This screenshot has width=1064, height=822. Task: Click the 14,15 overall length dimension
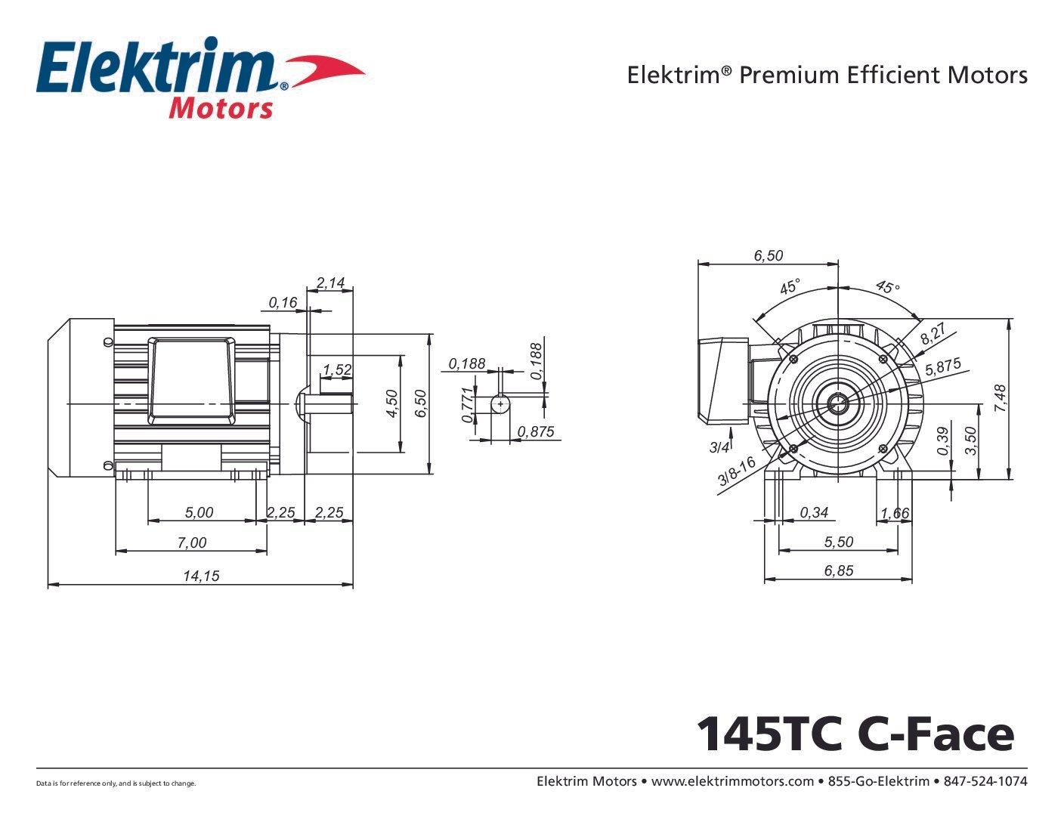tap(201, 576)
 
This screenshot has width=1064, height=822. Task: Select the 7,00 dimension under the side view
tap(192, 542)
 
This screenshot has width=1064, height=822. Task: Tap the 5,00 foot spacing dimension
tap(199, 512)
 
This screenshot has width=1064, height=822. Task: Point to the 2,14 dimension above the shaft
tap(330, 283)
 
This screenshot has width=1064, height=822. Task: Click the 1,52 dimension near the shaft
tap(337, 369)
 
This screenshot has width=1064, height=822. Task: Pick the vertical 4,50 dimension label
tap(391, 403)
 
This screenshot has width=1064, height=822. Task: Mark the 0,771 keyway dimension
tap(468, 404)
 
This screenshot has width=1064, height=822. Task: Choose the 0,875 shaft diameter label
tap(536, 431)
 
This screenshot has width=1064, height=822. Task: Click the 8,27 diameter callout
tap(933, 334)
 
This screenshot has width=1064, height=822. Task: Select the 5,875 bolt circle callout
tap(943, 367)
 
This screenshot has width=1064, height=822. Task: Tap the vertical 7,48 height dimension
tap(1001, 398)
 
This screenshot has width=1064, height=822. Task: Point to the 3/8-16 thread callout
tap(737, 471)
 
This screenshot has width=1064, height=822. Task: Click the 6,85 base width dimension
tap(839, 570)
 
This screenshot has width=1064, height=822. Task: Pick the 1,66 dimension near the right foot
tap(895, 513)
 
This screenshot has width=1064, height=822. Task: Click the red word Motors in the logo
tap(221, 109)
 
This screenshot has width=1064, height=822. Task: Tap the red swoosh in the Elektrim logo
tap(325, 70)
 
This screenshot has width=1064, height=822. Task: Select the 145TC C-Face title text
tap(855, 733)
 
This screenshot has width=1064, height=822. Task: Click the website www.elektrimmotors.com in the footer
tap(732, 781)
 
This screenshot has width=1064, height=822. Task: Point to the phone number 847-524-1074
tap(985, 781)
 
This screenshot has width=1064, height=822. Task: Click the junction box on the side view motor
tap(192, 379)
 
